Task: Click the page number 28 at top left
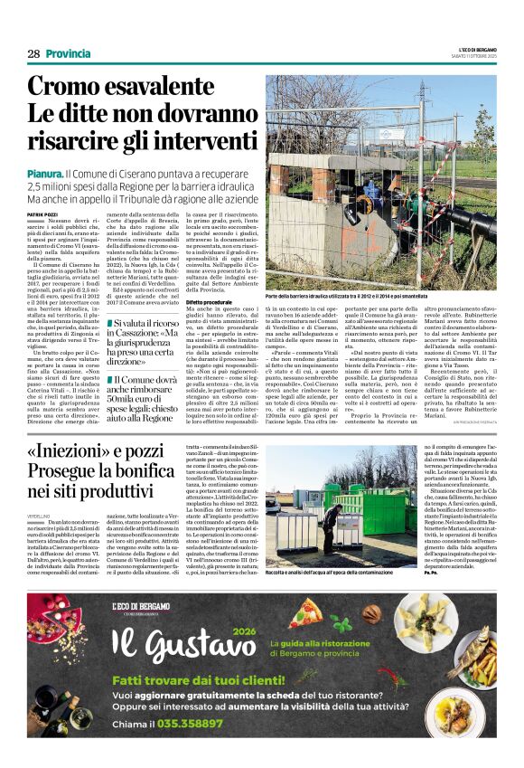pyautogui.click(x=33, y=54)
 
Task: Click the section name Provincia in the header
pyautogui.click(x=69, y=54)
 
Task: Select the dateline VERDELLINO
pyautogui.click(x=39, y=515)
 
